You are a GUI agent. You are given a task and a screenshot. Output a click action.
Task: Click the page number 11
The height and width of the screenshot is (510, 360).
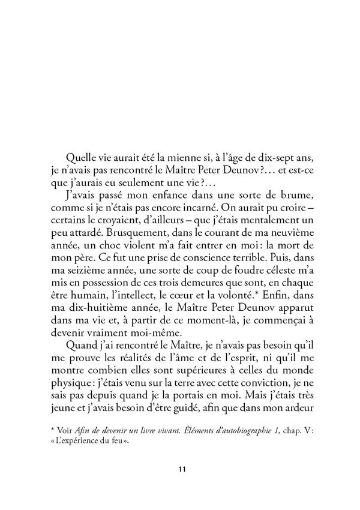tap(180, 469)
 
